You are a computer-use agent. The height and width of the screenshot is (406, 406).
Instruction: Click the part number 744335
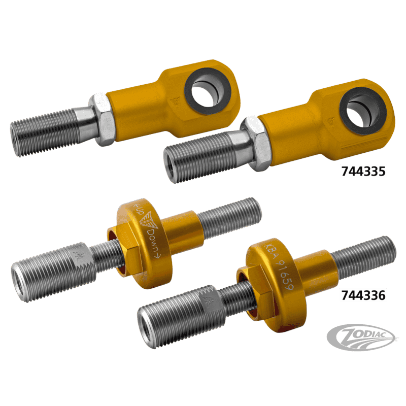(x=363, y=172)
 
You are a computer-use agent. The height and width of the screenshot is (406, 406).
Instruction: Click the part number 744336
(x=363, y=295)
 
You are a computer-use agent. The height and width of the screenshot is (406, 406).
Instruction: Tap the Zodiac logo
(x=361, y=337)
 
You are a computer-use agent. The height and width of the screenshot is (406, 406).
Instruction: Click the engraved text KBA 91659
(x=278, y=267)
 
